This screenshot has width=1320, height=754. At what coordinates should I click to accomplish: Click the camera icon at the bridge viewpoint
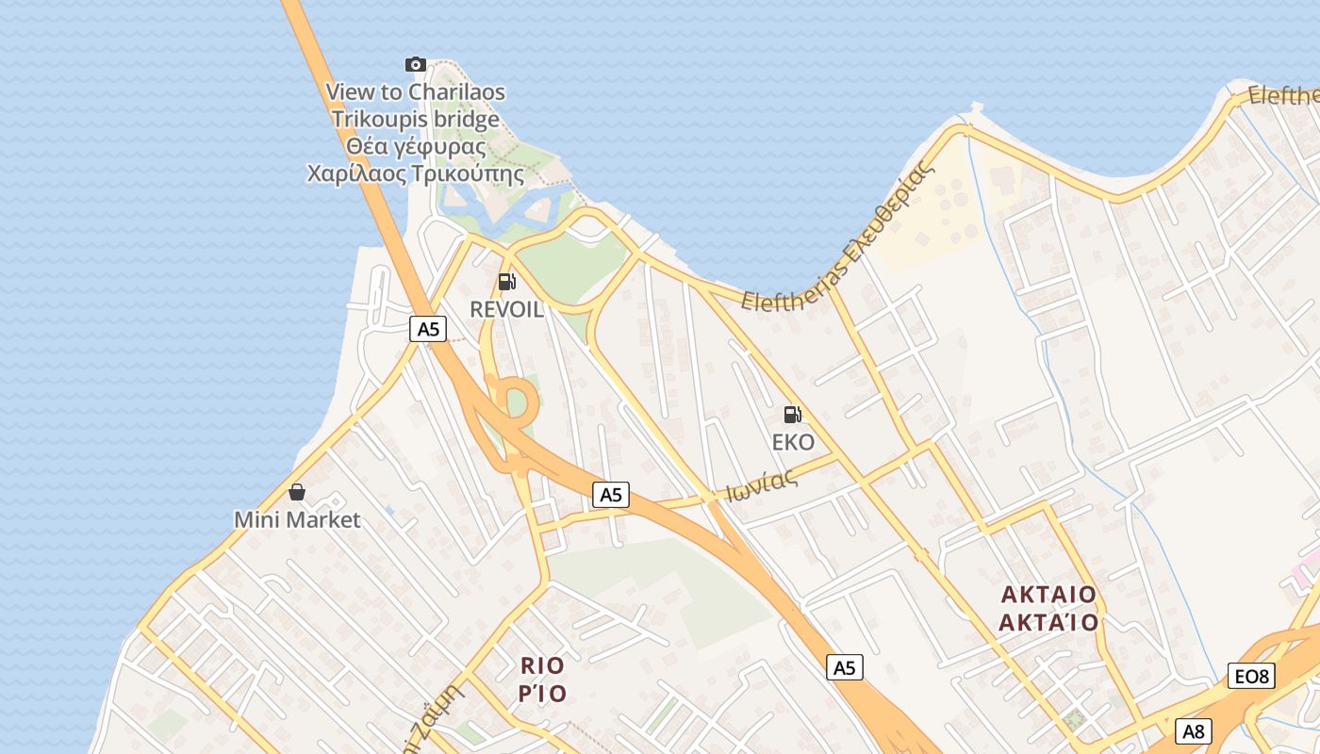[x=415, y=64]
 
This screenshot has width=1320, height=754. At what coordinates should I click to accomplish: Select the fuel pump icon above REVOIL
[x=506, y=281]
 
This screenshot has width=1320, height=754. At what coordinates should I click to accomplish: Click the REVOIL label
[x=506, y=309]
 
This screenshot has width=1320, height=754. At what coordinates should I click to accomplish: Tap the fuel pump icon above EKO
[x=792, y=414]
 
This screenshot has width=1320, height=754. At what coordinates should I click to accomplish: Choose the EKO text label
[x=792, y=442]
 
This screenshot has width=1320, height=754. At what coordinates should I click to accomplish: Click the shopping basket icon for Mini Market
[x=297, y=491]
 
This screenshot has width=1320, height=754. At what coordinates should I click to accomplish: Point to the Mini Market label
[x=297, y=519]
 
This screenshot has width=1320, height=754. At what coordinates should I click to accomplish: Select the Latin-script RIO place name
[x=542, y=665]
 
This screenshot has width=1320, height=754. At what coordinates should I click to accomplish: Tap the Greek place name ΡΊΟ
[x=542, y=694]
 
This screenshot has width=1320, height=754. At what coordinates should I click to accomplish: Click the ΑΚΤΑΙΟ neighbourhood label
[x=1048, y=595]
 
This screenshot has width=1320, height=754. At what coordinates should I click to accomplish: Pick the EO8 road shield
[x=1252, y=676]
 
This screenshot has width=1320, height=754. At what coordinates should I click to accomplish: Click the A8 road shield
[x=1194, y=731]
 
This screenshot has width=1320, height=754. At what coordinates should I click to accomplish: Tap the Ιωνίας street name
[x=762, y=485]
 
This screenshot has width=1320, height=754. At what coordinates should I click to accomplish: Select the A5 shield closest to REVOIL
[x=428, y=329]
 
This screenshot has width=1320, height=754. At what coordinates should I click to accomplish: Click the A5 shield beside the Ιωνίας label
[x=611, y=495]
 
